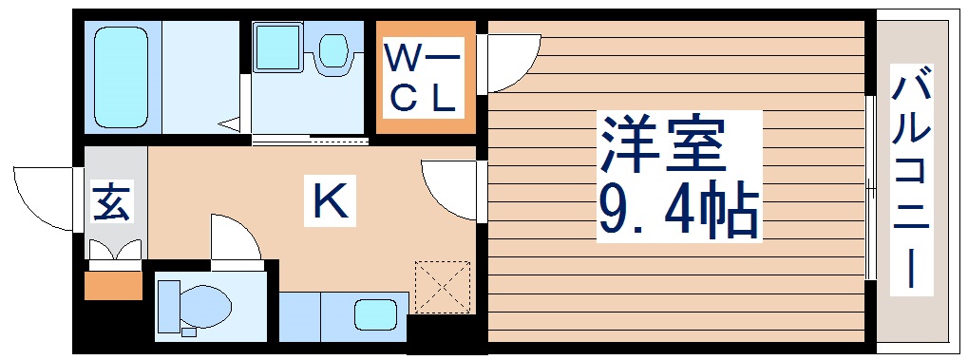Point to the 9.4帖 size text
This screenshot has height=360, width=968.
(x=677, y=211)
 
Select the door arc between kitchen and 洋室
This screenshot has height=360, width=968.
(x=448, y=190)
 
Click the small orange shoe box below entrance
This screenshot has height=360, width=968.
(x=112, y=283)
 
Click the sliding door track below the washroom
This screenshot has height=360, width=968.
(x=310, y=142)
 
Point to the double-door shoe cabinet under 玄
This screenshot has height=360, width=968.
(x=115, y=250)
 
